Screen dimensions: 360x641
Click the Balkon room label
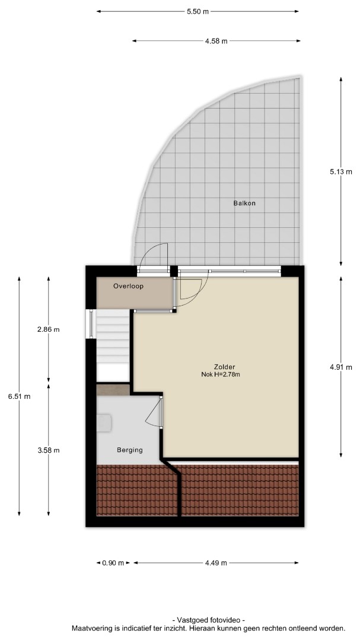click(244, 203)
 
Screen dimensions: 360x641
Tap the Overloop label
click(128, 287)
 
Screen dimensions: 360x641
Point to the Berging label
click(130, 450)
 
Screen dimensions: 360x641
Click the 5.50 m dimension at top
click(197, 11)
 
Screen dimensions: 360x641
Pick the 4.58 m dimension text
click(216, 41)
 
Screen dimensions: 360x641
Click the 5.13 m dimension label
click(341, 172)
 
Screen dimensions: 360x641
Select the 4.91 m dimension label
click(341, 367)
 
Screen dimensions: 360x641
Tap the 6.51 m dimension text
click(19, 396)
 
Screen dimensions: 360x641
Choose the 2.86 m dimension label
click(49, 329)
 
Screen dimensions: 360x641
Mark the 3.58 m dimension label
click(49, 450)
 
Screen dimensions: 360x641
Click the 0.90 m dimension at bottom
click(113, 563)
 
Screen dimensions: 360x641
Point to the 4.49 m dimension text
click(216, 563)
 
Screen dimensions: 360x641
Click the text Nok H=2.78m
click(221, 374)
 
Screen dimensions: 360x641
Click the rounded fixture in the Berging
click(104, 423)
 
